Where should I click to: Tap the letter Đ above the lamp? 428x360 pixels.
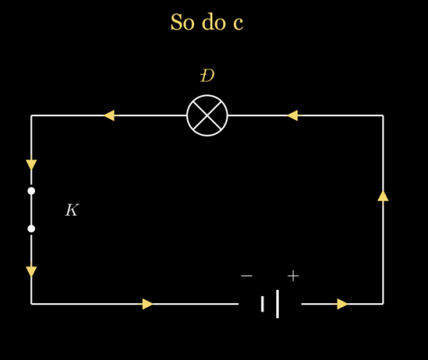pyautogui.click(x=207, y=76)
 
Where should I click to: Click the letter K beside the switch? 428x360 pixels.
pyautogui.click(x=72, y=210)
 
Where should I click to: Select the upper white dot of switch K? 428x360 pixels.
pyautogui.click(x=31, y=191)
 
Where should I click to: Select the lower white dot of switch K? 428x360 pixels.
pyautogui.click(x=31, y=229)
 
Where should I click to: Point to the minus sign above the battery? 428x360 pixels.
pyautogui.click(x=246, y=275)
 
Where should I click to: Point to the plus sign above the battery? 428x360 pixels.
pyautogui.click(x=293, y=275)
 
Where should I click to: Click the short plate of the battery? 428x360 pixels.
pyautogui.click(x=263, y=304)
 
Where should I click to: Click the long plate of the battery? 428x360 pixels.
pyautogui.click(x=278, y=304)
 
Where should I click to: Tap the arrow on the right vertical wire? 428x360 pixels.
pyautogui.click(x=383, y=195)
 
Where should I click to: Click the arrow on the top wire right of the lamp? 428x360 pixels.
pyautogui.click(x=292, y=115)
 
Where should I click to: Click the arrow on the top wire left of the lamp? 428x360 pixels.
pyautogui.click(x=109, y=115)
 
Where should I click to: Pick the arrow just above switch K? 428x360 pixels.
pyautogui.click(x=31, y=165)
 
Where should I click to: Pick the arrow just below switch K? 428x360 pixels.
pyautogui.click(x=31, y=272)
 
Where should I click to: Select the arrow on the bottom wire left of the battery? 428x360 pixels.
pyautogui.click(x=147, y=304)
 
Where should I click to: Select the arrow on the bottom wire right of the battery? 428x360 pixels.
pyautogui.click(x=342, y=304)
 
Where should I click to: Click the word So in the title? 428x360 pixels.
pyautogui.click(x=183, y=22)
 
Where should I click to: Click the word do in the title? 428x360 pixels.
pyautogui.click(x=214, y=22)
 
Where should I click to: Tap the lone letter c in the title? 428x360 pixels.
pyautogui.click(x=238, y=24)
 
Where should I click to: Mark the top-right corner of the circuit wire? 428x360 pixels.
pyautogui.click(x=383, y=115)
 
